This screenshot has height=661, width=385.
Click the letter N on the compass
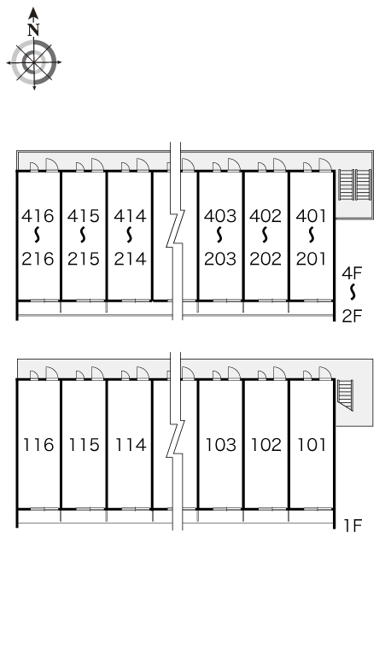(x=33, y=30)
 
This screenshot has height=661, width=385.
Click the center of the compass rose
(x=33, y=62)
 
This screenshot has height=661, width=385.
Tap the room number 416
(x=38, y=216)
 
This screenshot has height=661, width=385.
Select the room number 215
(x=84, y=259)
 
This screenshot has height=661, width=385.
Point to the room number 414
(x=130, y=216)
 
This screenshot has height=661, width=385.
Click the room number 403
(x=220, y=216)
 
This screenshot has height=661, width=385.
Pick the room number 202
(x=265, y=259)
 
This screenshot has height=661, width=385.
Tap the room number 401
(x=312, y=216)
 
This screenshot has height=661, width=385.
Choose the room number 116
(x=38, y=445)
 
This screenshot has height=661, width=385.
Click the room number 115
(x=85, y=445)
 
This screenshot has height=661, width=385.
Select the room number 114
(x=131, y=445)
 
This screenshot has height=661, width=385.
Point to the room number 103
(x=221, y=445)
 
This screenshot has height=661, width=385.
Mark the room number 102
(x=266, y=445)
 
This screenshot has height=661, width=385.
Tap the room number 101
(x=312, y=445)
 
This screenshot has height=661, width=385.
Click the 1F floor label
(x=353, y=526)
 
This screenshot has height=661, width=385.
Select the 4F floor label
(x=353, y=273)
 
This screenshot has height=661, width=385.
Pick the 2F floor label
(x=353, y=315)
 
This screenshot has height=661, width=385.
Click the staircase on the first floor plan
(x=347, y=395)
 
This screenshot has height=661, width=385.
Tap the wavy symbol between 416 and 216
(x=38, y=235)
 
